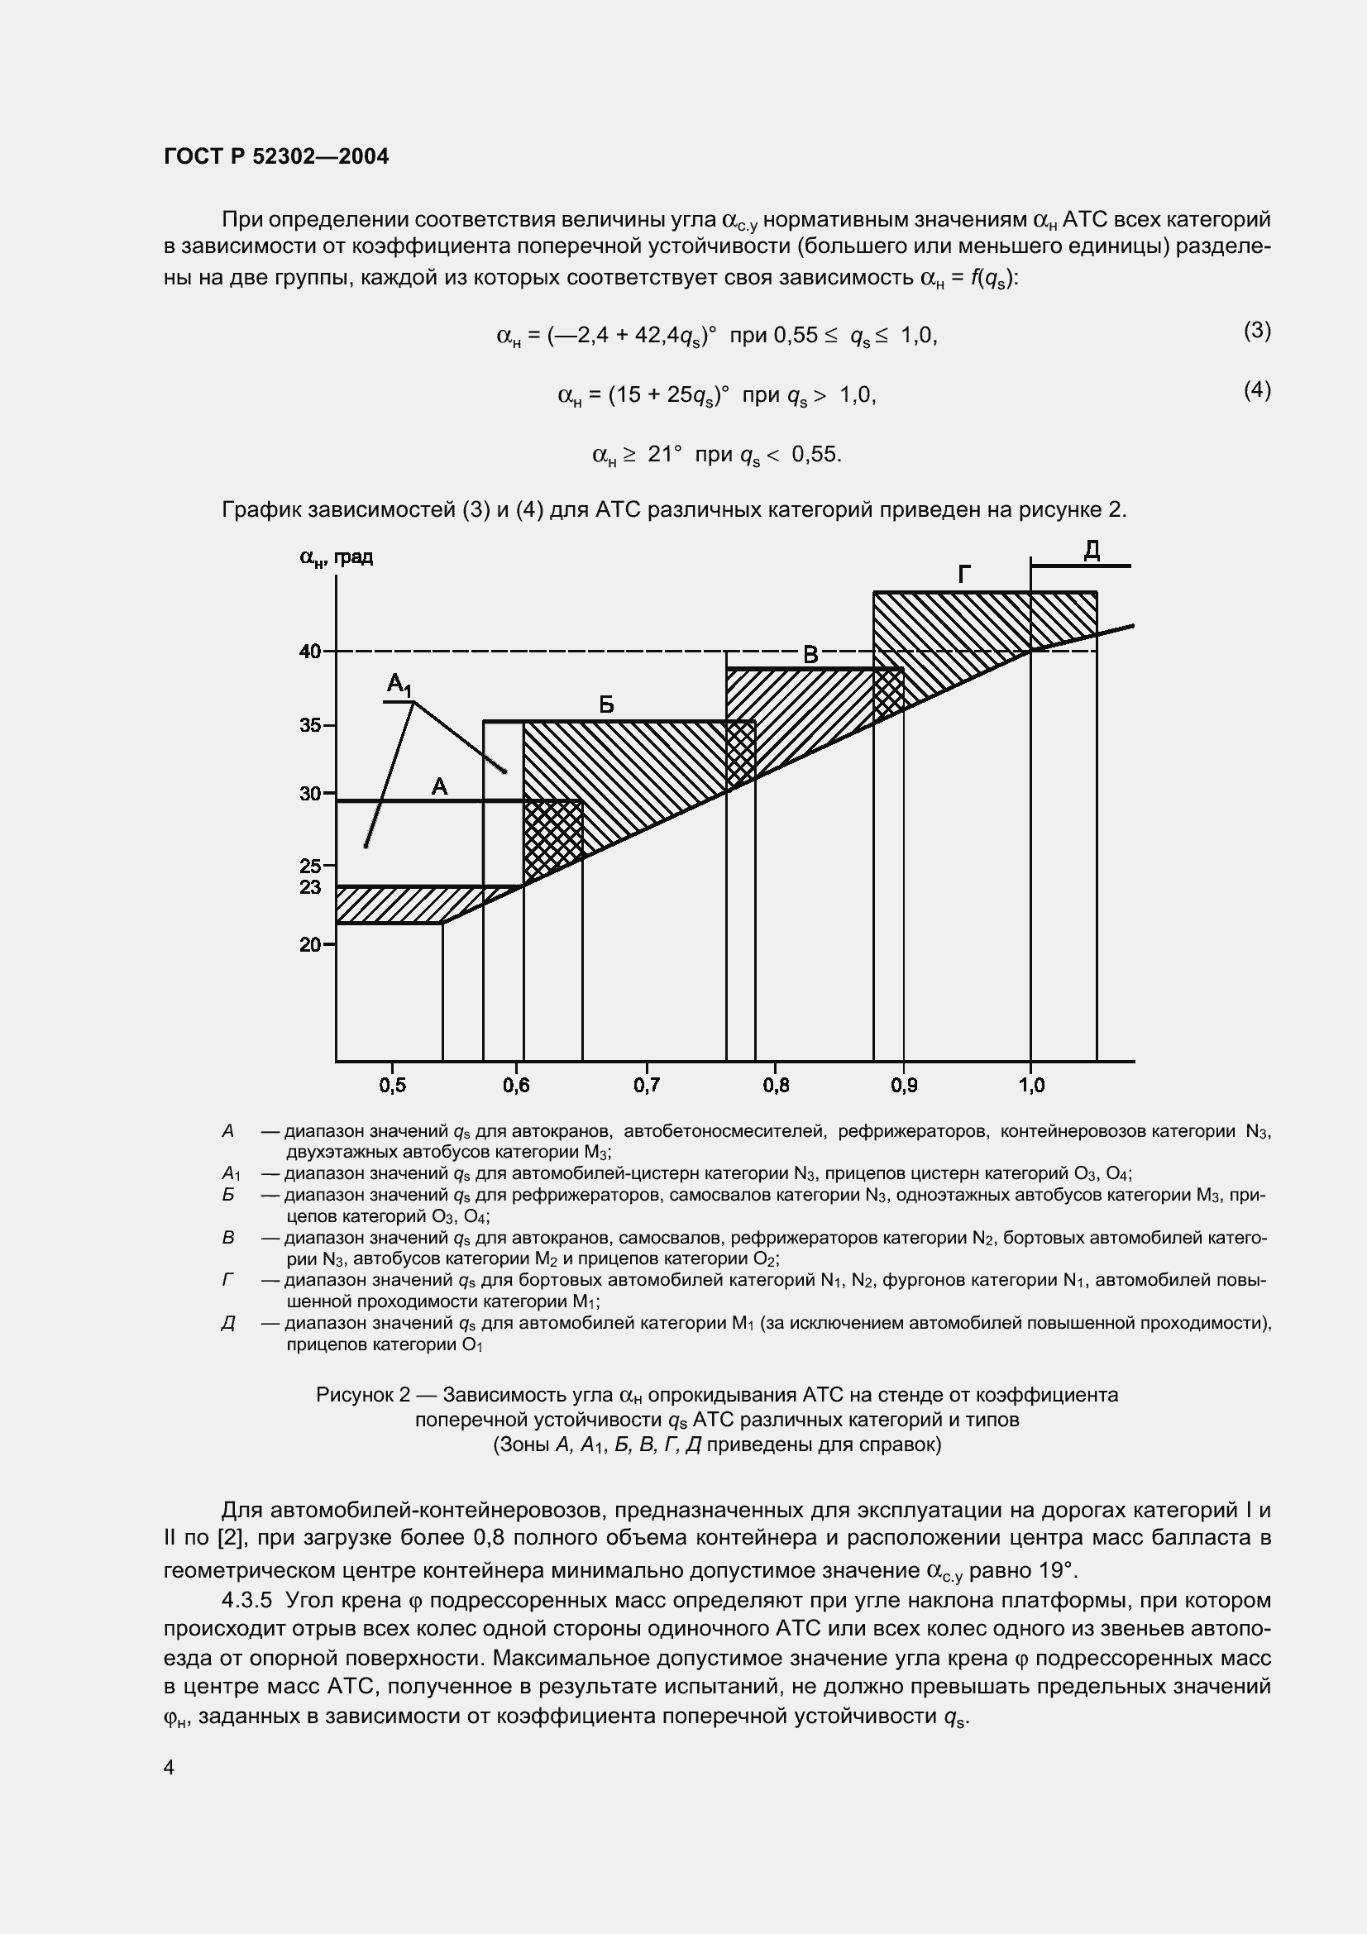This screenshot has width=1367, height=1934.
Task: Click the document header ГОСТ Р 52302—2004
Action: coord(276,156)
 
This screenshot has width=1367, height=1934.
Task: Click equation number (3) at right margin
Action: coord(1257,330)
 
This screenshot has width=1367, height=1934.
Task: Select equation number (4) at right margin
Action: coord(1257,390)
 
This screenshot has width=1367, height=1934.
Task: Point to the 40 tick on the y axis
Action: coord(310,651)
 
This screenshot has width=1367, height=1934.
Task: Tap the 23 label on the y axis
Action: coord(310,887)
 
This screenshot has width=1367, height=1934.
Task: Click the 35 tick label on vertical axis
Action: coord(310,725)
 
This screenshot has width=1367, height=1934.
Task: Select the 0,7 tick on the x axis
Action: coord(647,1085)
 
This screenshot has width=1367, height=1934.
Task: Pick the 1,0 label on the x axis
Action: coord(1031,1085)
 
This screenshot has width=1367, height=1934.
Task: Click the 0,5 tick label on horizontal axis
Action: coord(393,1085)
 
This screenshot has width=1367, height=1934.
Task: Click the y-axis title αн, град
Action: coord(336,556)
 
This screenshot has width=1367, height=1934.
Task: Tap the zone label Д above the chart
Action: coord(1092,551)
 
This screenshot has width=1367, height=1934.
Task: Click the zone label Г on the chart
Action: coord(964,575)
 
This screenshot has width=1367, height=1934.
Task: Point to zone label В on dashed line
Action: coord(810,655)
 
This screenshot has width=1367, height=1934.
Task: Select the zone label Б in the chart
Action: coord(605,705)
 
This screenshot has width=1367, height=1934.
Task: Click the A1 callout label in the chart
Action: coord(399,685)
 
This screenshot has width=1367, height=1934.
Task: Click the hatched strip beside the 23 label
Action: coord(396,904)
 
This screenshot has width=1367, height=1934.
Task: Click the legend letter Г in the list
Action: coord(227,1280)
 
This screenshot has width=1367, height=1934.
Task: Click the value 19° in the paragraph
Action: coord(1056,1570)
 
